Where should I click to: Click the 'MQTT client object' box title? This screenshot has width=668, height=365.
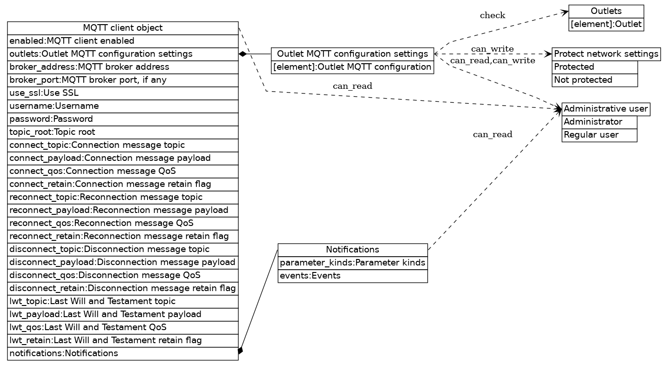(123, 28)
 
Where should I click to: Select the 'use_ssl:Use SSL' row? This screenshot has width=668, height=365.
(123, 93)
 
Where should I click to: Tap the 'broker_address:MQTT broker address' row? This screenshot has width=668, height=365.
(123, 67)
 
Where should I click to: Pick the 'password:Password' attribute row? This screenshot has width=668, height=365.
(123, 119)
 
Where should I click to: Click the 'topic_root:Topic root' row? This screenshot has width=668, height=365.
(123, 132)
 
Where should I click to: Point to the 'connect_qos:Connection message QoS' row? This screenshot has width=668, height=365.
(123, 171)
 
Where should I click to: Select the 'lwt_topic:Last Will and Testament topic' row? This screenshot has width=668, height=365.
(123, 301)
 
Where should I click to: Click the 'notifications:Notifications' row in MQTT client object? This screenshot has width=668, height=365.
(123, 353)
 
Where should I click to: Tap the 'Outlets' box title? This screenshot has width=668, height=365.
(606, 11)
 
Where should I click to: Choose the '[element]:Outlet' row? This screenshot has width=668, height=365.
(606, 24)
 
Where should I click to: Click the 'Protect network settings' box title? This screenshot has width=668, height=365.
(606, 54)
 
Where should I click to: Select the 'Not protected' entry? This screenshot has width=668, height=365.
(594, 80)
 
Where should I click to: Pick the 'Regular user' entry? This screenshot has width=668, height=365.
(599, 135)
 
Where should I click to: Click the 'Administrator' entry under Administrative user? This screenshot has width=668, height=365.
(599, 122)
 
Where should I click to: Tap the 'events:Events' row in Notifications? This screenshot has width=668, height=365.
(352, 276)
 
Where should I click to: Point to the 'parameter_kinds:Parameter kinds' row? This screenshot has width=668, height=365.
(352, 263)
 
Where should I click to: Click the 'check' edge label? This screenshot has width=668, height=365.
(493, 15)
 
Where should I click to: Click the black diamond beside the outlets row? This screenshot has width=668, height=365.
(243, 54)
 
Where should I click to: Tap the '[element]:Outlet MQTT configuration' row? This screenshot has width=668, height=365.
(352, 67)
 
